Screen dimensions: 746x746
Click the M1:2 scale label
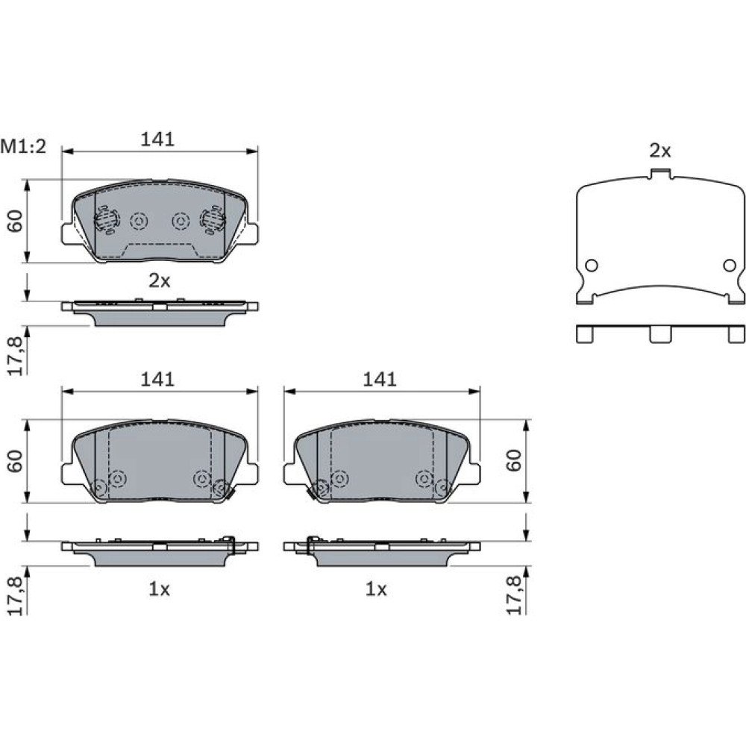23,146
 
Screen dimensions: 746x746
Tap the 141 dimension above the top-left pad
157,140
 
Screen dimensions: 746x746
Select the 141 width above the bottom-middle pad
379,379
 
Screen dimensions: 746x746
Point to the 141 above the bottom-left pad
157,379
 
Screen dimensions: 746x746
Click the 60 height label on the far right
514,460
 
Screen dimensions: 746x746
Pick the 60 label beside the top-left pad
16,221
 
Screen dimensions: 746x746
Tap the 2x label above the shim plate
660,151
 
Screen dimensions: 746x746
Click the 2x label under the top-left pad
160,280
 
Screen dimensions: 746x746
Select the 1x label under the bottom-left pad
160,589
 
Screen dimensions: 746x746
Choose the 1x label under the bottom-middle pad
376,589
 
